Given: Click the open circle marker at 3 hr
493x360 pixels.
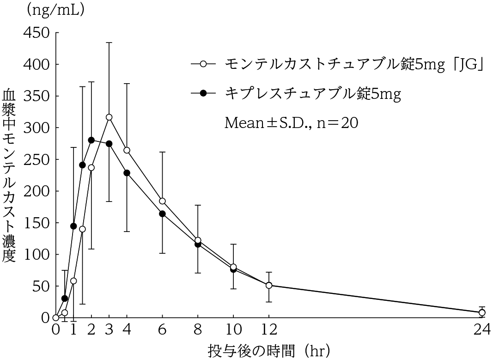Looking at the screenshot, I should (109, 117).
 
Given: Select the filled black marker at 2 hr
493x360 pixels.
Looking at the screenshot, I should (91, 140).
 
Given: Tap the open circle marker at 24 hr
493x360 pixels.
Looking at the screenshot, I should (482, 312).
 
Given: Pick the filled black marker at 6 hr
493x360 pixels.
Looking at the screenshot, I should (162, 214).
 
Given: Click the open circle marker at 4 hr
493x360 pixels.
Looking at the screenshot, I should (127, 150).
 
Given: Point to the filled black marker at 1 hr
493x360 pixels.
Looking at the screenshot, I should (73, 226).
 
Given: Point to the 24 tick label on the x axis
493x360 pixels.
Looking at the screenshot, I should (482, 330).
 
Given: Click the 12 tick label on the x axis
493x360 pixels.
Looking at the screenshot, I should (269, 330).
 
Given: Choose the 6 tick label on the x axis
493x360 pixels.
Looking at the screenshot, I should (162, 330).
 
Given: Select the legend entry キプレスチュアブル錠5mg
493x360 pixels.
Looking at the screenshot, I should (313, 94).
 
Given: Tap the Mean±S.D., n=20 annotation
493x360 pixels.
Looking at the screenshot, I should (291, 123).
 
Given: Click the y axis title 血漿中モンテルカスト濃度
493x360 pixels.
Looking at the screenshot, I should (9, 176).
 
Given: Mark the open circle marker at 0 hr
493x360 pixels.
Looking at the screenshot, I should (56, 317).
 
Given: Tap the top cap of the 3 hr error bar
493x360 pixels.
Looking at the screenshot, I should (109, 43).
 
